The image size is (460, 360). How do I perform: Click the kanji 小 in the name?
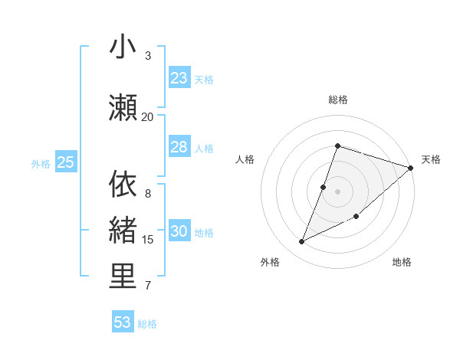[x=123, y=47]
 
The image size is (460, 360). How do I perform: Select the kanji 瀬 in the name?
[x=123, y=108]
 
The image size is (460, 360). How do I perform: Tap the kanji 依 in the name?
[x=123, y=185]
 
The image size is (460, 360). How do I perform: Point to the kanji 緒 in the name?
[x=123, y=231]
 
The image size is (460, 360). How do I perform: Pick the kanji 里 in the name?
[x=123, y=277]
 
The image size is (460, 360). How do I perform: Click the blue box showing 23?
[x=179, y=78]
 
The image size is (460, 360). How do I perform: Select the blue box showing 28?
[x=179, y=147]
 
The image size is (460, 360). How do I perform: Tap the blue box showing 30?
[x=179, y=232]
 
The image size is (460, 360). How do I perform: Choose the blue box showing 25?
[x=66, y=162]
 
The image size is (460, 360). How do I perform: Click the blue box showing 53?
[x=123, y=322]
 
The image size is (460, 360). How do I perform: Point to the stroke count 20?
[x=148, y=116]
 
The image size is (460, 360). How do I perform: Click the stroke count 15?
[x=148, y=240]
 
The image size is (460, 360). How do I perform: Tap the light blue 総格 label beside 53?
[x=147, y=324]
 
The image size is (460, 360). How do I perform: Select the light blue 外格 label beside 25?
[x=41, y=163]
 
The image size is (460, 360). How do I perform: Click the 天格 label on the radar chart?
[x=431, y=159]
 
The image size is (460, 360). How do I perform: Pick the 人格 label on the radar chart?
[x=245, y=159]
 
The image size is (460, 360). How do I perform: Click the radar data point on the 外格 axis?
[x=301, y=242]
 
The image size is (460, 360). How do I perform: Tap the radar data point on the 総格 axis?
[x=337, y=146]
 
